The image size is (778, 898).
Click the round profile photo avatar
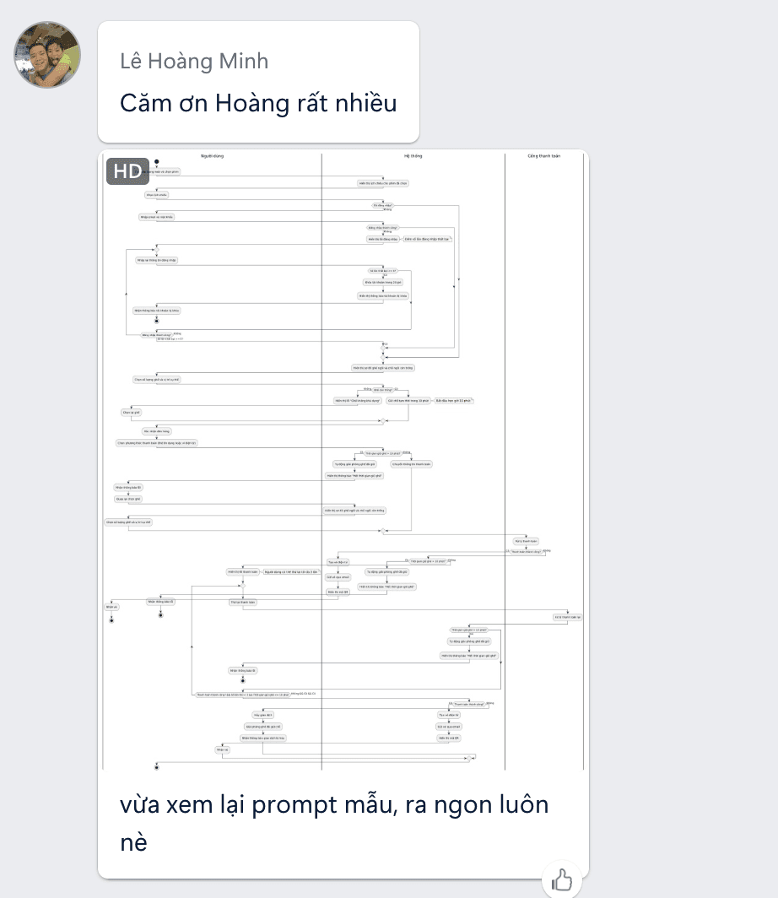click(x=48, y=55)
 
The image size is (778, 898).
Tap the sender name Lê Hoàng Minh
click(x=194, y=61)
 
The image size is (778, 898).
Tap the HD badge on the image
click(x=127, y=170)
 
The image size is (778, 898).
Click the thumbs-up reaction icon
click(x=562, y=881)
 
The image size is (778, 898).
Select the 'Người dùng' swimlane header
click(x=212, y=156)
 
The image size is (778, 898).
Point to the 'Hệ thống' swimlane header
click(x=413, y=156)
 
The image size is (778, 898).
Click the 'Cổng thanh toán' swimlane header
click(x=543, y=156)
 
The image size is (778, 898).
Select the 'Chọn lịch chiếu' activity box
click(x=157, y=194)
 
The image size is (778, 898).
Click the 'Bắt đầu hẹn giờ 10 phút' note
click(x=454, y=400)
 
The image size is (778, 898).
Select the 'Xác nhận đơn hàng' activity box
click(x=157, y=430)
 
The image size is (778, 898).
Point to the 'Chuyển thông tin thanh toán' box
click(x=411, y=463)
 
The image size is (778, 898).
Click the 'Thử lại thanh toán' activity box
click(x=242, y=603)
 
